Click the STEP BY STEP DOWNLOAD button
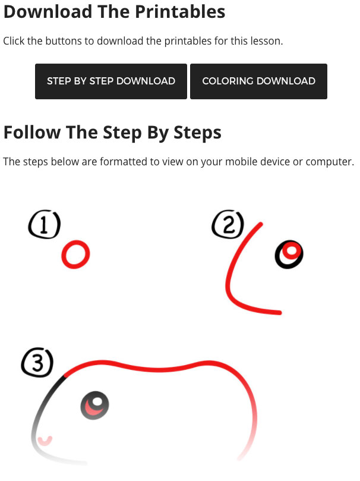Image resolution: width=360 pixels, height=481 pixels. point(111,81)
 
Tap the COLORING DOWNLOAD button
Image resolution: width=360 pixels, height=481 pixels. point(258,81)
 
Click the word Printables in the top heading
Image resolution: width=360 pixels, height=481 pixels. point(180,12)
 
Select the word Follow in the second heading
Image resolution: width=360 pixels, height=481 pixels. point(32,133)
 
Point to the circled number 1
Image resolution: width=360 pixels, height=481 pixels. point(45,224)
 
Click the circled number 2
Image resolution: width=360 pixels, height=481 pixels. point(228,224)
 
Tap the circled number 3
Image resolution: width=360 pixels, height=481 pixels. point(37,362)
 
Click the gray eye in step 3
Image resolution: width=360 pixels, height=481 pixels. point(94,405)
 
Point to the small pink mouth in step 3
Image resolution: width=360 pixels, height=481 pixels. point(45,442)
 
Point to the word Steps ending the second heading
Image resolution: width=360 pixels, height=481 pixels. point(197,133)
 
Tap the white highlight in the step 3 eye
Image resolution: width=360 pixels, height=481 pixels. point(98,401)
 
